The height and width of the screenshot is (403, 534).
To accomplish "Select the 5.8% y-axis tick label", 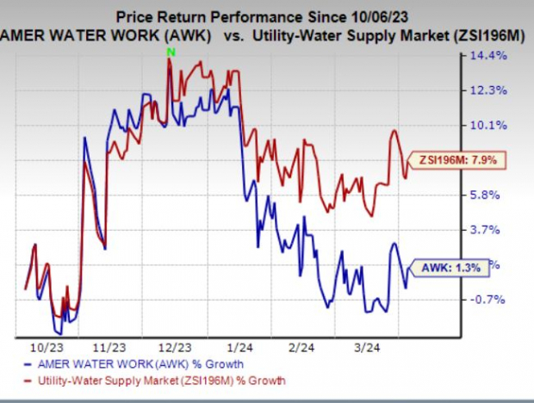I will pyautogui.click(x=486, y=195).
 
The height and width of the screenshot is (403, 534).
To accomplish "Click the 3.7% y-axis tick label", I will pyautogui.click(x=486, y=230).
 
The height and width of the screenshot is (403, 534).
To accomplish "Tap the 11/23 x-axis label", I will pyautogui.click(x=110, y=348).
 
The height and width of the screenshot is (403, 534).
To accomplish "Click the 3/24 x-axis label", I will pyautogui.click(x=368, y=348).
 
